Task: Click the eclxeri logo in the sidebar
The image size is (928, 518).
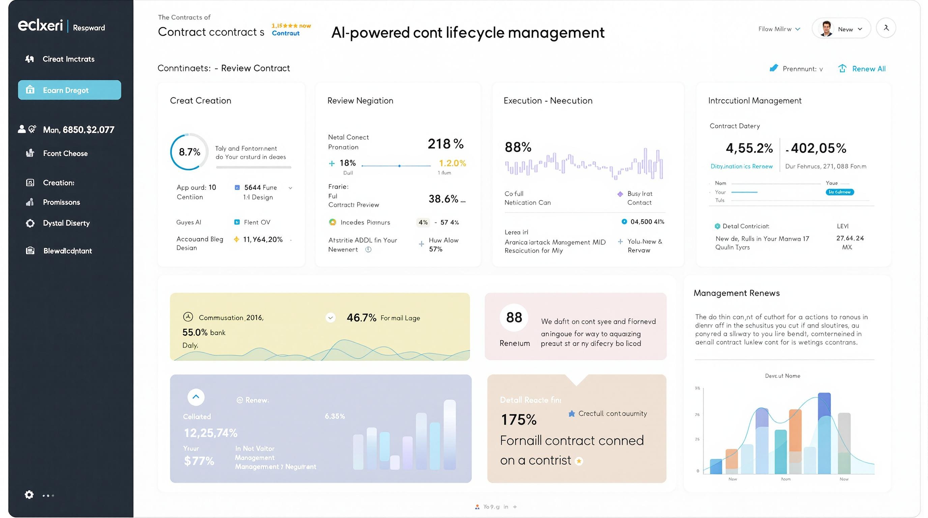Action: click(40, 26)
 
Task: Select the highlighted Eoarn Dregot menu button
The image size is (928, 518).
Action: click(69, 90)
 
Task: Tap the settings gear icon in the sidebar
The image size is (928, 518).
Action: click(29, 495)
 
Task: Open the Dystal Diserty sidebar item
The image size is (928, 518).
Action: click(66, 223)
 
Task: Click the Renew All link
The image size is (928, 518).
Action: click(868, 69)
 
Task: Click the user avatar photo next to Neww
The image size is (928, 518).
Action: click(826, 28)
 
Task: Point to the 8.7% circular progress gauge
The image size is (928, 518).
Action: click(190, 152)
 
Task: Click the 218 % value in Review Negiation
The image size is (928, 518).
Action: click(445, 144)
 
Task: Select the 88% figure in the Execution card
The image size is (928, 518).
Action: click(518, 147)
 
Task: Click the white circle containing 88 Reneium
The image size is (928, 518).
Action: click(514, 317)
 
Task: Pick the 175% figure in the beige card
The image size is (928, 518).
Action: click(518, 419)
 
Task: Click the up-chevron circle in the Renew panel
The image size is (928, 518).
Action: click(196, 397)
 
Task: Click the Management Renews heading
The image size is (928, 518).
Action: click(736, 293)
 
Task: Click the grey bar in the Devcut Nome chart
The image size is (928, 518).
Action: click(844, 443)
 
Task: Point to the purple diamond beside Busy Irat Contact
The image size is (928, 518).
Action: click(620, 194)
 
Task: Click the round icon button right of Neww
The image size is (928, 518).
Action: click(886, 28)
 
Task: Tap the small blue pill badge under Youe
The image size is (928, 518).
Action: click(839, 192)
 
